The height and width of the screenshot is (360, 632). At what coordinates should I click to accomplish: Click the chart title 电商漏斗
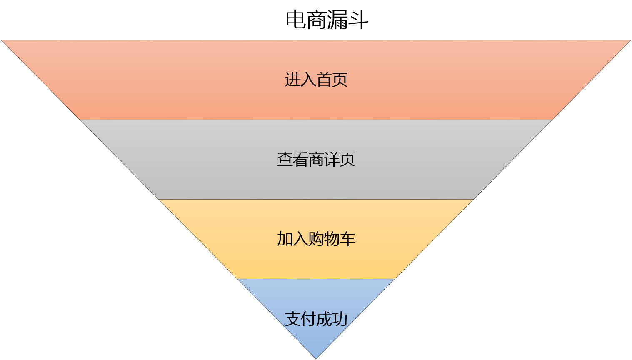[327, 20]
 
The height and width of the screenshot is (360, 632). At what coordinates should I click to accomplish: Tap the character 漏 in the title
[337, 20]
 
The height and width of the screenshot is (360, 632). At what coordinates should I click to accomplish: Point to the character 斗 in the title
[358, 20]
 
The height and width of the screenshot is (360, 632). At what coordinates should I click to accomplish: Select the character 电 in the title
[296, 20]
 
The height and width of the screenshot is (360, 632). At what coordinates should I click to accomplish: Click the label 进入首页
[316, 80]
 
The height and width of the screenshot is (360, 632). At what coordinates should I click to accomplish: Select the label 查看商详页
[316, 160]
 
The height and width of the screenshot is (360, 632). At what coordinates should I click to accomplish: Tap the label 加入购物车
[316, 239]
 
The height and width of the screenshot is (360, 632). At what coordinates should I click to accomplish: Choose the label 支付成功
[316, 319]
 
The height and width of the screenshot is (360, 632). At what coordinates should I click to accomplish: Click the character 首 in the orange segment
[324, 80]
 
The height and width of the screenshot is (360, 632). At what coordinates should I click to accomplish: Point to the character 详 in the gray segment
[332, 160]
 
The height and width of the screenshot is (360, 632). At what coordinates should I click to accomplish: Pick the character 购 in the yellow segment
[316, 239]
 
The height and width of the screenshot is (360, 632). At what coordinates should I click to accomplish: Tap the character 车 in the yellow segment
[347, 239]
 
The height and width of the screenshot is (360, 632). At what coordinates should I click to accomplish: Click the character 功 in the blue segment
[340, 319]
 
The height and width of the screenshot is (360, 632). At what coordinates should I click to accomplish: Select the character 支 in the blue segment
[292, 319]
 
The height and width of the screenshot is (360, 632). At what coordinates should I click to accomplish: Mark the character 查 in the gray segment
[285, 160]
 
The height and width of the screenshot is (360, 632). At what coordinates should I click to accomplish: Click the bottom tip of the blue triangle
[316, 359]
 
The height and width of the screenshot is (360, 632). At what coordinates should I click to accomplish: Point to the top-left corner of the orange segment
[1, 40]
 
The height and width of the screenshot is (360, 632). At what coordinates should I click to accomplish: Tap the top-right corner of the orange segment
[631, 40]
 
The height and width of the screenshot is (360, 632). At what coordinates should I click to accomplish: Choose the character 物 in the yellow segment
[332, 239]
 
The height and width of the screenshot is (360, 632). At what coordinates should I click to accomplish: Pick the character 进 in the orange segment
[292, 80]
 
